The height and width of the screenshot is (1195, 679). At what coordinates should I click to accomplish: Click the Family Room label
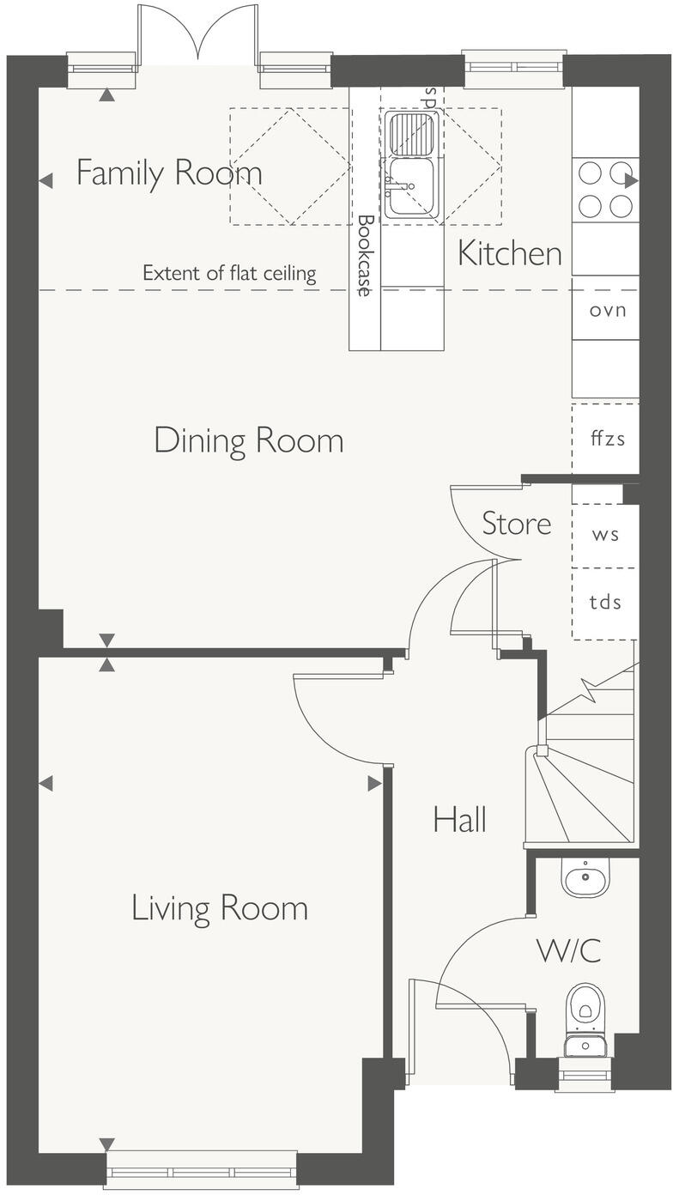[169, 173]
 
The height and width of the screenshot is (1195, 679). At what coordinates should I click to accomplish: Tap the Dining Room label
[249, 440]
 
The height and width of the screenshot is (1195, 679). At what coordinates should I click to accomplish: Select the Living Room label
[219, 908]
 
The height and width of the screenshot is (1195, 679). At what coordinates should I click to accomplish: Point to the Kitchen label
[510, 253]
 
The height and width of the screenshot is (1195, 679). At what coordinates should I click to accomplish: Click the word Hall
[460, 819]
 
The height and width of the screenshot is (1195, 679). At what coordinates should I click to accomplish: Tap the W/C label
[568, 951]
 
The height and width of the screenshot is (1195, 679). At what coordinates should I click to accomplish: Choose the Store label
[516, 523]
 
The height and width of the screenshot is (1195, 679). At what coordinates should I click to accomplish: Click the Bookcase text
[364, 256]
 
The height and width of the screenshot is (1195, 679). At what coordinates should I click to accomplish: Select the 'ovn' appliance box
[606, 309]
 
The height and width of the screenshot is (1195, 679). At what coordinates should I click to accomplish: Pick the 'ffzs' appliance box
[606, 438]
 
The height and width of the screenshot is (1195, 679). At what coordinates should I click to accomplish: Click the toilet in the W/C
[585, 1013]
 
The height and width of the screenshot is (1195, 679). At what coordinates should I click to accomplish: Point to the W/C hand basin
[585, 877]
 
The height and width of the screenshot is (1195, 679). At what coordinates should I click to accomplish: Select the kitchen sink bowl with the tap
[411, 186]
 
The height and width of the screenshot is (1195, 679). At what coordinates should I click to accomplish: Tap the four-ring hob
[604, 190]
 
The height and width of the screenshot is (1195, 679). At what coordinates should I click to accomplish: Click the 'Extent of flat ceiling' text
[229, 274]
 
